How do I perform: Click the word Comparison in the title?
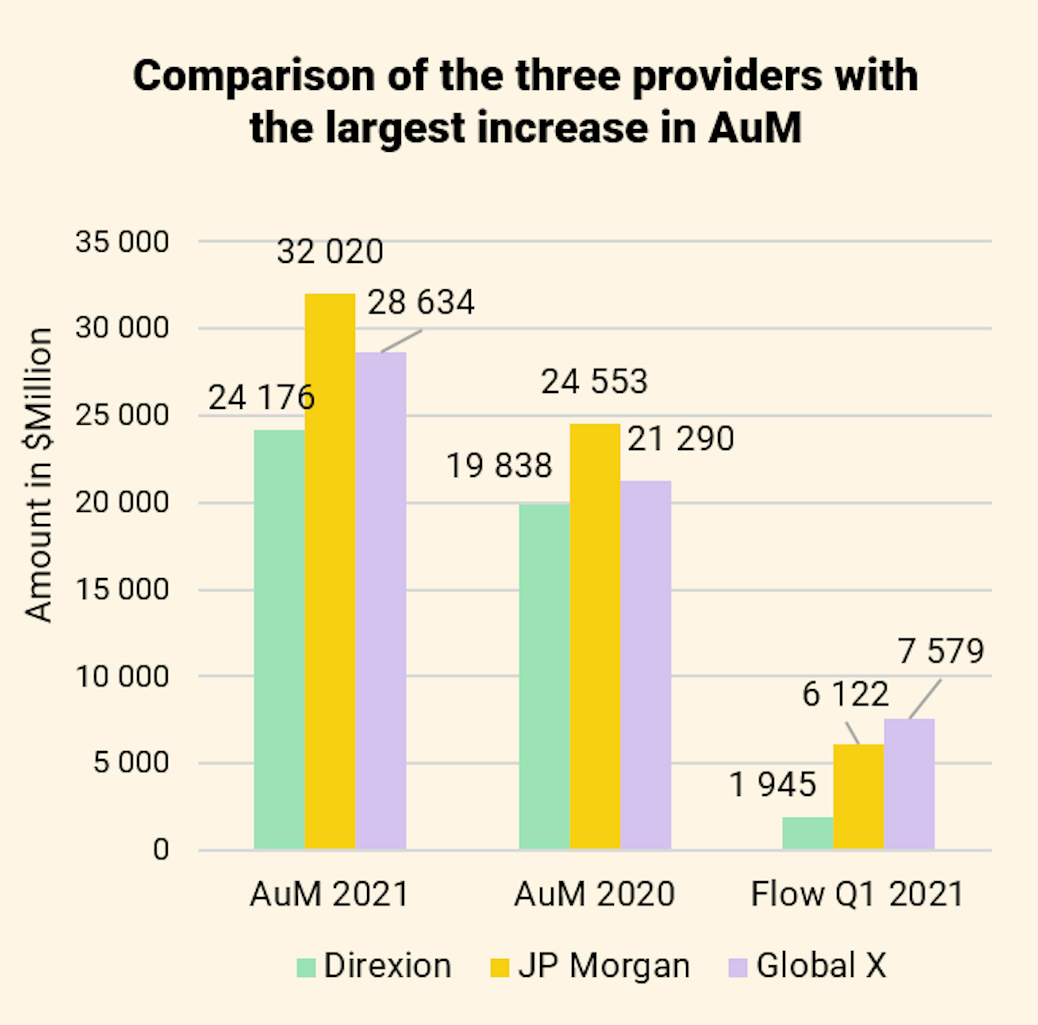[254, 76]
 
